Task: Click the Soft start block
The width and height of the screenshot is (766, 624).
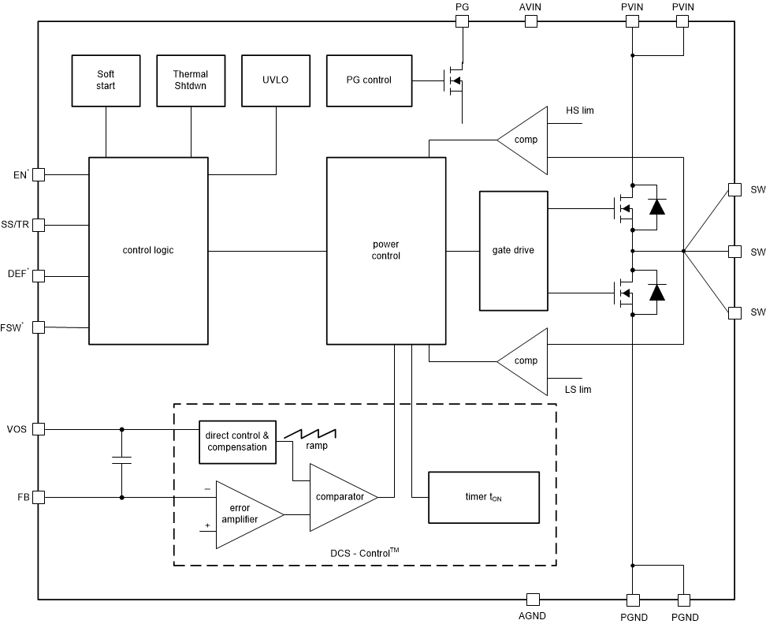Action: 105,80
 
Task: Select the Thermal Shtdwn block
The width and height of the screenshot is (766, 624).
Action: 190,80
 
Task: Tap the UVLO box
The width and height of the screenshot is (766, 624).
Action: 275,80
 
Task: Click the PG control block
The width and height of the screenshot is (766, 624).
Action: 368,80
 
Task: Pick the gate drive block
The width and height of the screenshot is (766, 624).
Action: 513,251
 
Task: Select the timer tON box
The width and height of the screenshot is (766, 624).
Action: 483,498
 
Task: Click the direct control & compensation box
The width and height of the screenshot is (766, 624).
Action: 237,442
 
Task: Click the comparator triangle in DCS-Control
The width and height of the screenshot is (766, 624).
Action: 340,497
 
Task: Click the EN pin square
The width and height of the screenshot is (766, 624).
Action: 38,175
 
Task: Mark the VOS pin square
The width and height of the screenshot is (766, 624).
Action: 38,429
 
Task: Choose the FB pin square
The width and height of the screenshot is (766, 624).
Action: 38,498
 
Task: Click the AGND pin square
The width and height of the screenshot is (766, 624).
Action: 533,600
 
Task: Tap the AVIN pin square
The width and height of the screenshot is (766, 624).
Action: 530,21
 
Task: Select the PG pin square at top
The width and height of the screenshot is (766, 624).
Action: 463,21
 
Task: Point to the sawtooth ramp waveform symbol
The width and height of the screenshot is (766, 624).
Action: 310,434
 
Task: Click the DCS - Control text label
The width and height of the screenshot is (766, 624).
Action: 364,554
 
